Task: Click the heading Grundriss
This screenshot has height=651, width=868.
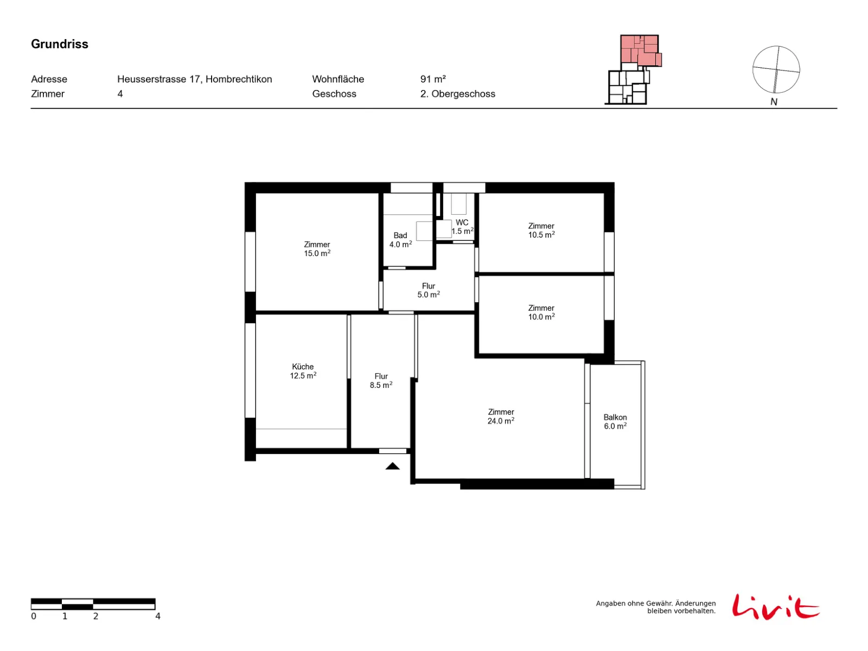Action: (59, 44)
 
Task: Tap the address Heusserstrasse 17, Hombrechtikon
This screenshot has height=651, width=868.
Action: (194, 79)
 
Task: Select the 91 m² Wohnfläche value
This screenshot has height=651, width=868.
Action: (432, 79)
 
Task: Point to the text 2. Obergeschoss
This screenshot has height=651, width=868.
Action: (457, 94)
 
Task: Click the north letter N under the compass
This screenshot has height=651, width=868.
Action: (773, 102)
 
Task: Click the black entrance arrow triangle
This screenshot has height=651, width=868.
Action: (392, 466)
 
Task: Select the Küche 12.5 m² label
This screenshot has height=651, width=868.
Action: (303, 371)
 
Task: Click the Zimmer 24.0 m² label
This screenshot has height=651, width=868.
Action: (501, 417)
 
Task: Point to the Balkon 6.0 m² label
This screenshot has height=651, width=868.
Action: (615, 422)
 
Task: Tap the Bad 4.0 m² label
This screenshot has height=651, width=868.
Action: (400, 240)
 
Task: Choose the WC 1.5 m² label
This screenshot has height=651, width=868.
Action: (462, 227)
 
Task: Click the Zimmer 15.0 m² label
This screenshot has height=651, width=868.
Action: (317, 249)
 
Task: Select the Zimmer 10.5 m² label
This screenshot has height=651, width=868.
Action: (541, 231)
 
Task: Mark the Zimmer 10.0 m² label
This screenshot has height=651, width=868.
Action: (541, 312)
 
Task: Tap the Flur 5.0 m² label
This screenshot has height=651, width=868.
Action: (428, 290)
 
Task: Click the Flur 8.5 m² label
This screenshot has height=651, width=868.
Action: (381, 381)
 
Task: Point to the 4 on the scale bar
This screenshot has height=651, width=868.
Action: (158, 616)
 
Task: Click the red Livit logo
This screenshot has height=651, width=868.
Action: (775, 607)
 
